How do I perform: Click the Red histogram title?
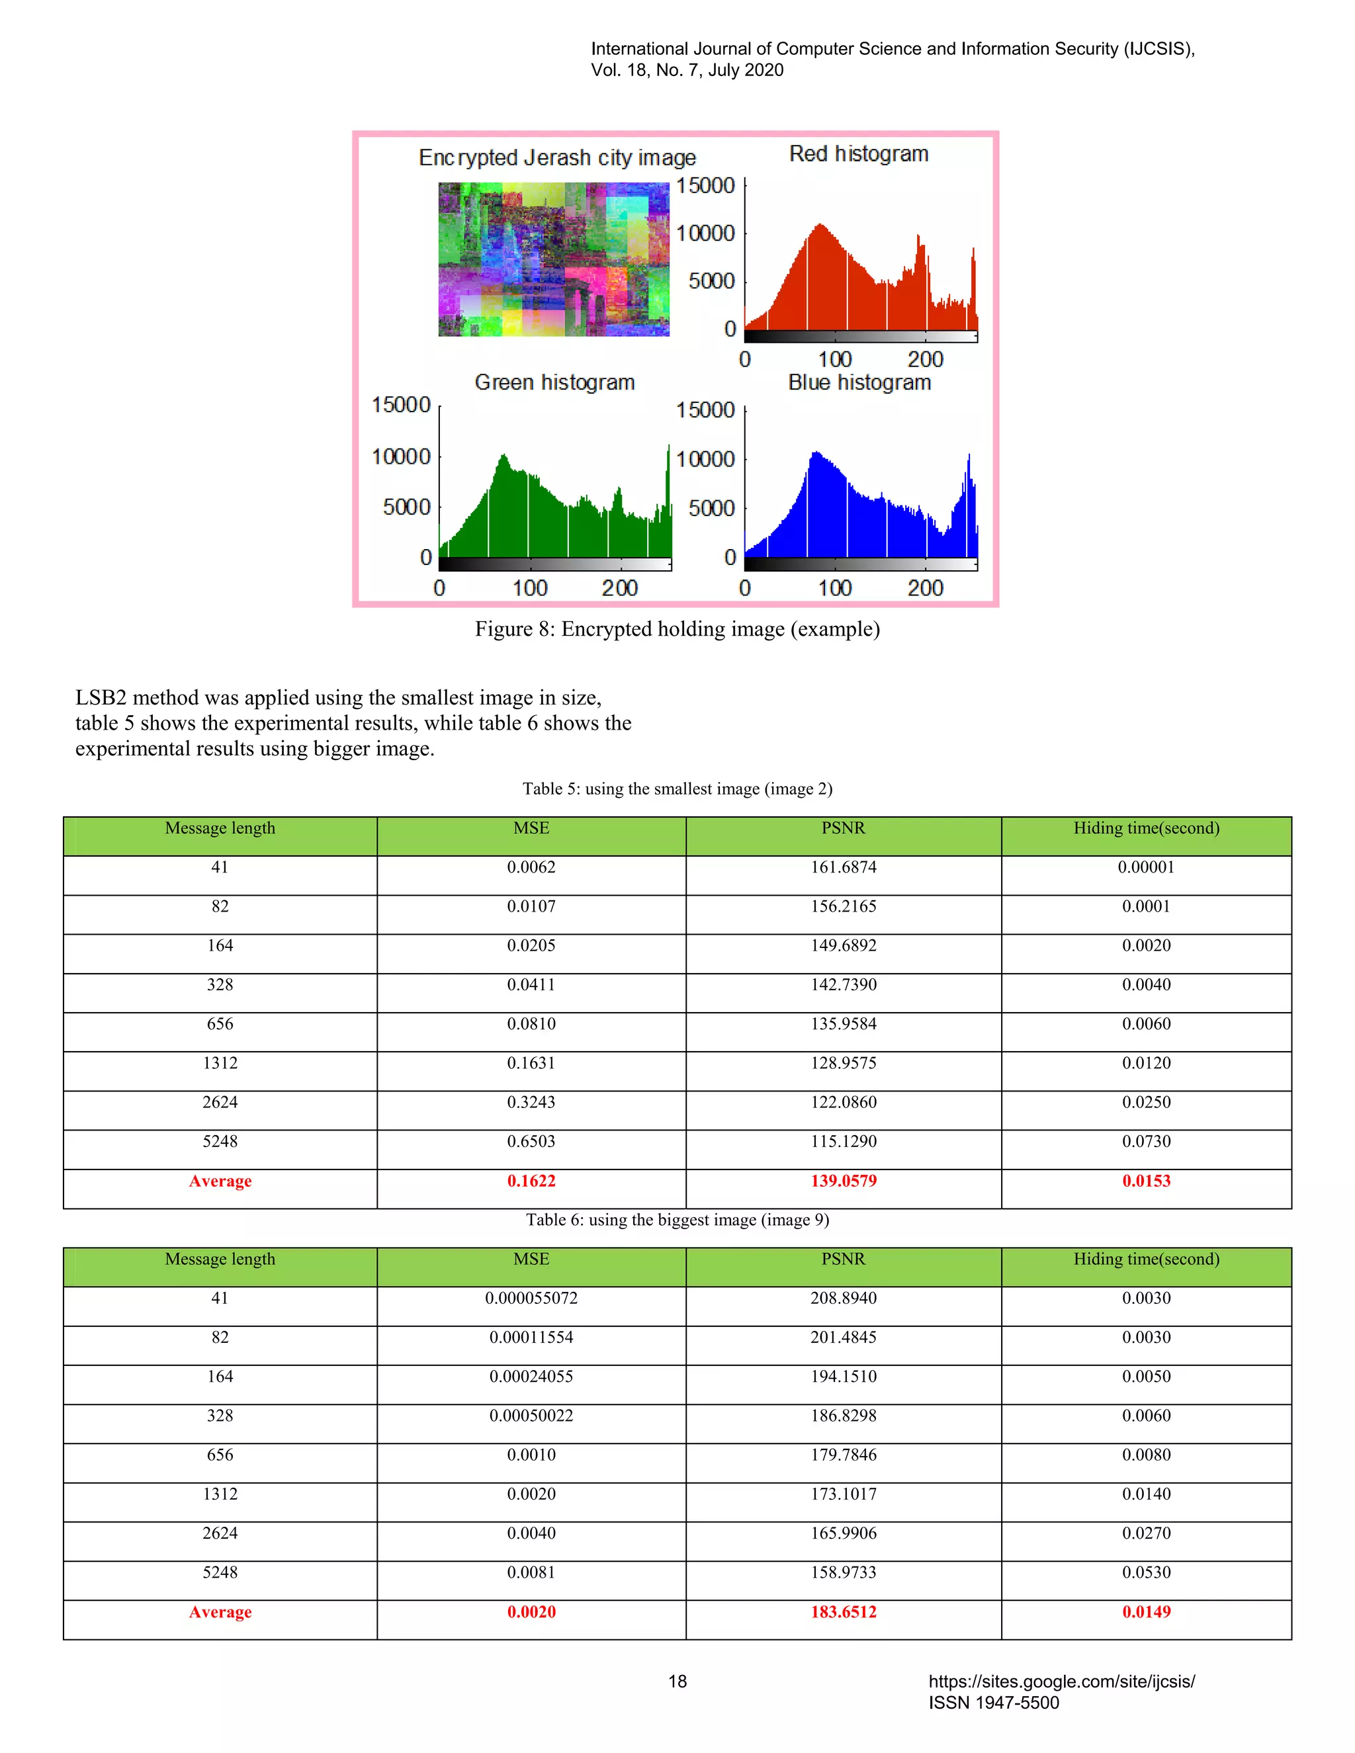(x=858, y=153)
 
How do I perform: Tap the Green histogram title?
(x=554, y=382)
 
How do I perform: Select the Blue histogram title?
(x=859, y=382)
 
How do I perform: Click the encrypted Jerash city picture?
(x=553, y=259)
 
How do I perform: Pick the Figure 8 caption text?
(x=677, y=628)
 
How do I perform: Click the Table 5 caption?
(x=677, y=789)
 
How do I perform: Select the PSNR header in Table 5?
(x=843, y=828)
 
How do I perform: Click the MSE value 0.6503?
(x=531, y=1141)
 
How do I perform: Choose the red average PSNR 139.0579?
(x=843, y=1181)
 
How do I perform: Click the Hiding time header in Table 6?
(x=1145, y=1259)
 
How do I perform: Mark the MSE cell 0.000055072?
(x=531, y=1298)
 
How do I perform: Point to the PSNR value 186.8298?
(x=843, y=1415)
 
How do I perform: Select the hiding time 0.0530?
(x=1145, y=1572)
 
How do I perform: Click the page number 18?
(x=677, y=1682)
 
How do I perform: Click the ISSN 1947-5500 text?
(x=994, y=1703)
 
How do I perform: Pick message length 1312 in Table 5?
(x=220, y=1063)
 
